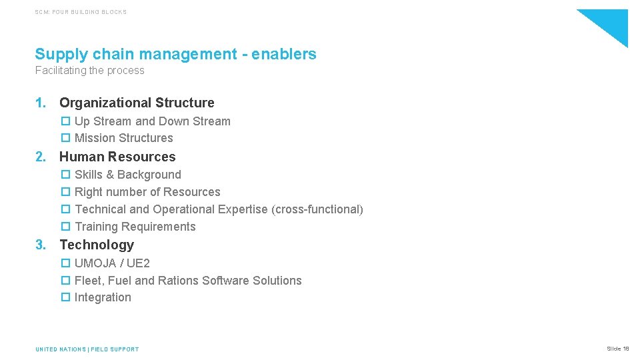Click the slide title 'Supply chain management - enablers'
pyautogui.click(x=175, y=54)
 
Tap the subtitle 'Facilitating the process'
pyautogui.click(x=89, y=71)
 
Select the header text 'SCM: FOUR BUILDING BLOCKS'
pyautogui.click(x=81, y=12)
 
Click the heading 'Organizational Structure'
pyautogui.click(x=137, y=103)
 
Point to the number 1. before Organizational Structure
pyautogui.click(x=41, y=103)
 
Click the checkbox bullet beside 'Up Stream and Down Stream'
pyautogui.click(x=65, y=121)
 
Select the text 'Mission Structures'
pyautogui.click(x=123, y=138)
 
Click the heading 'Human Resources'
pyautogui.click(x=117, y=157)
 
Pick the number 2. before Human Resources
pyautogui.click(x=41, y=157)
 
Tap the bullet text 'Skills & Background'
pyautogui.click(x=127, y=175)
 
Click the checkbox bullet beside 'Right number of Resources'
pyautogui.click(x=65, y=192)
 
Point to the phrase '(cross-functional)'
pyautogui.click(x=317, y=209)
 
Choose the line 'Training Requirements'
pyautogui.click(x=135, y=227)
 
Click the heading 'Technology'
pyautogui.click(x=97, y=245)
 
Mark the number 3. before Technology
pyautogui.click(x=41, y=245)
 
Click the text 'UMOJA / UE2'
pyautogui.click(x=112, y=263)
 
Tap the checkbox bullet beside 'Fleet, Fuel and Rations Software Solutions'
pyautogui.click(x=65, y=281)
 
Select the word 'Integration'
pyautogui.click(x=103, y=297)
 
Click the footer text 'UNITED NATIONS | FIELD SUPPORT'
pyautogui.click(x=87, y=349)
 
